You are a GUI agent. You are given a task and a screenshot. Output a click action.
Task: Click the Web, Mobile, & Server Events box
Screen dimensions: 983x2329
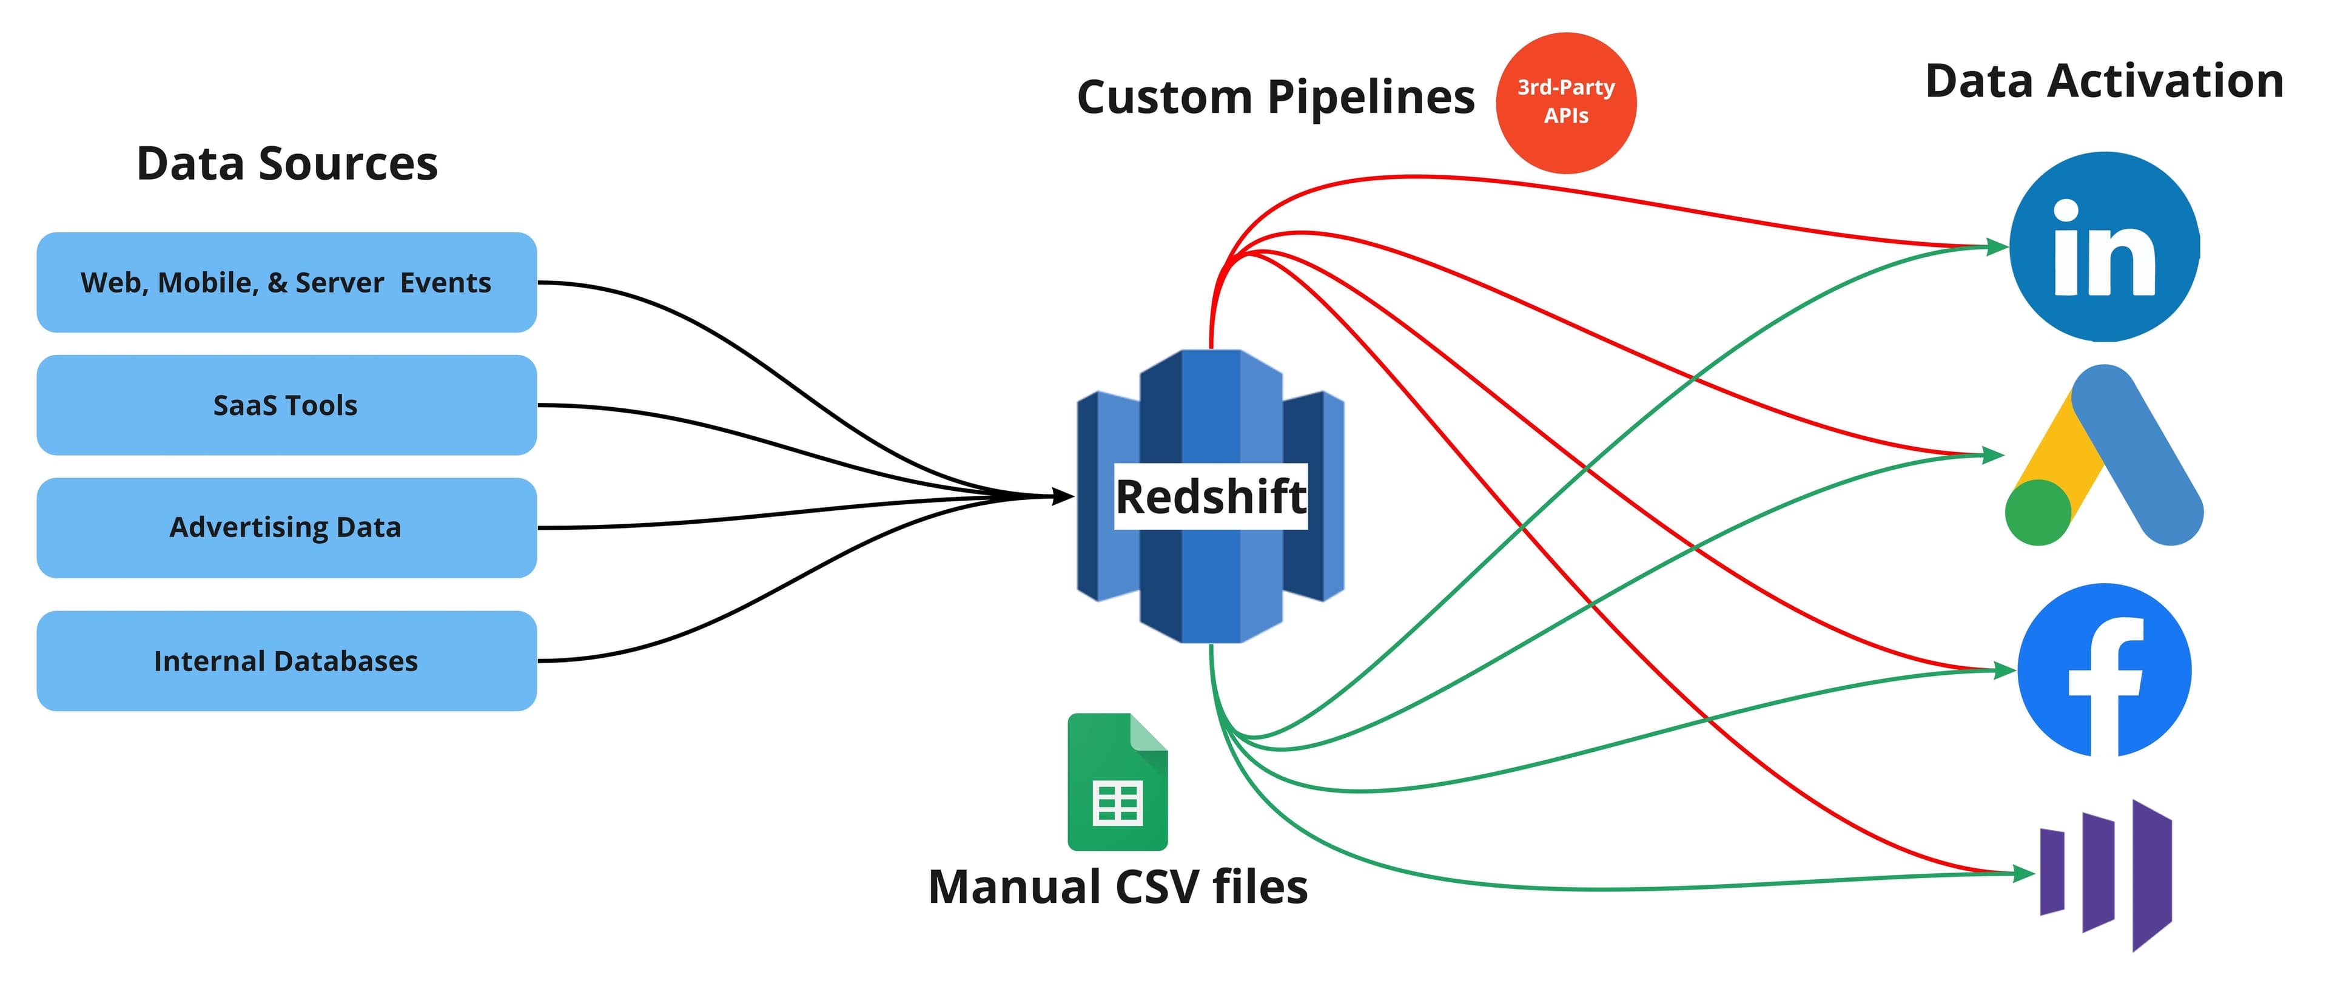point(286,282)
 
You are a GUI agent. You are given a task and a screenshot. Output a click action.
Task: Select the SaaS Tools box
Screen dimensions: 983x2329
point(286,405)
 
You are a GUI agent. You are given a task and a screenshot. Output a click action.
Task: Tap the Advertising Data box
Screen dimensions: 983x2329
point(286,527)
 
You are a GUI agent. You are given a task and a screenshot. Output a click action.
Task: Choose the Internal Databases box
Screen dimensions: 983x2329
point(286,661)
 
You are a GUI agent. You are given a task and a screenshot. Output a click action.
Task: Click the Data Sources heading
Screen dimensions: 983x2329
point(287,164)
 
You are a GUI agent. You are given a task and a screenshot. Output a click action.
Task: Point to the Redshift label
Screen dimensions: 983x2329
point(1211,496)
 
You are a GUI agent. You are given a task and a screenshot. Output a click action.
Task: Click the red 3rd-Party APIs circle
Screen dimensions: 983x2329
point(1566,102)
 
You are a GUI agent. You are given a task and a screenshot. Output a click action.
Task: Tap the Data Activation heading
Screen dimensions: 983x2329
point(2104,81)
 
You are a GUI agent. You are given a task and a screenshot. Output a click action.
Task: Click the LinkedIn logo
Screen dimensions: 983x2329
point(2104,247)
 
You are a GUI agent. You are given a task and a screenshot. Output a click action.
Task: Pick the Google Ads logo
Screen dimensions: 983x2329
point(2104,455)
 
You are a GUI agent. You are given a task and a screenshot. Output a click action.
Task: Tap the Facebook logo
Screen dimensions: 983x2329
point(2104,670)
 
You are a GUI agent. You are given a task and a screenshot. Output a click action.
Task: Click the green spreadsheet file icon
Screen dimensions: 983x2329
point(1117,782)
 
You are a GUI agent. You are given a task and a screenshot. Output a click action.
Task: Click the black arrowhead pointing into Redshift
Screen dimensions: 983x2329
point(1063,496)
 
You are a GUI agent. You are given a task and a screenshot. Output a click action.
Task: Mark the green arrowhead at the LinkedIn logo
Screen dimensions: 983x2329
point(1996,246)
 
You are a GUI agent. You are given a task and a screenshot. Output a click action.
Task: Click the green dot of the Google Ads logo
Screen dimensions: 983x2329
point(2038,513)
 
